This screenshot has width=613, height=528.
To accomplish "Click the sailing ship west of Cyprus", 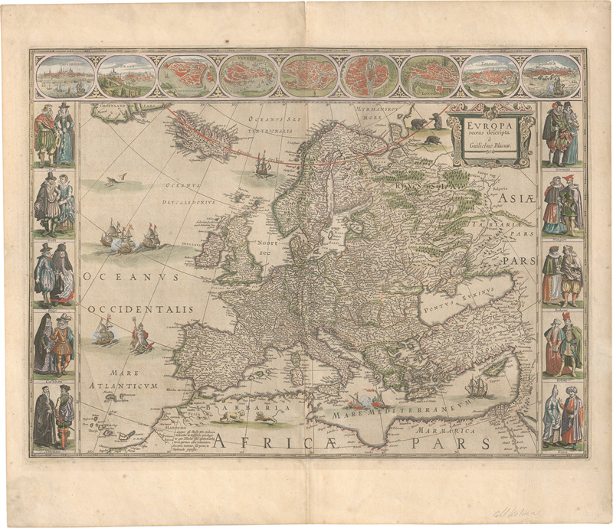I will [x=476, y=386].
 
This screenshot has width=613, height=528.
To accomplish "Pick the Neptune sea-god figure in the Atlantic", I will [x=140, y=337].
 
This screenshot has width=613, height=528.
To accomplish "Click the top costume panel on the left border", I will [x=54, y=134].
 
